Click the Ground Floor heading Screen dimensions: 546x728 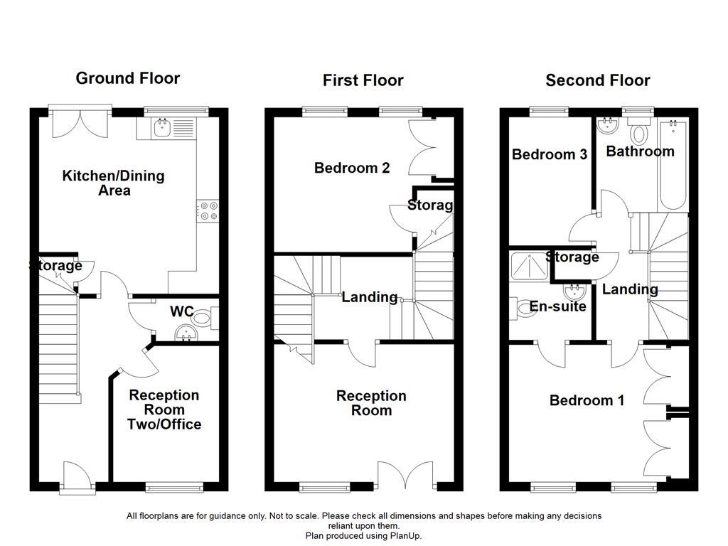coord(128,78)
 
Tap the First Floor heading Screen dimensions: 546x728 coord(363,80)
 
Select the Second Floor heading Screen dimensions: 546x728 coord(597,80)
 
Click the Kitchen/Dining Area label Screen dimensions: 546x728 coord(114,183)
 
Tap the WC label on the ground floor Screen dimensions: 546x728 coord(183,312)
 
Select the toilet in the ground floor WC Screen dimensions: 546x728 coord(205,318)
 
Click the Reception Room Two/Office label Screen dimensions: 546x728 coord(164,409)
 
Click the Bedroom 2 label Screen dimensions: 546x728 coord(352,168)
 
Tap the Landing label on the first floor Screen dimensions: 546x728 coord(369,297)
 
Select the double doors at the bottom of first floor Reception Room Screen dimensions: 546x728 coord(405,475)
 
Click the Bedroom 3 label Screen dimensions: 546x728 coord(550,154)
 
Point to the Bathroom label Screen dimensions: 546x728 coord(640,151)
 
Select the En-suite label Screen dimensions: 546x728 coord(558,306)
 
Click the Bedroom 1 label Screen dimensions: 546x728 coord(587,401)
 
